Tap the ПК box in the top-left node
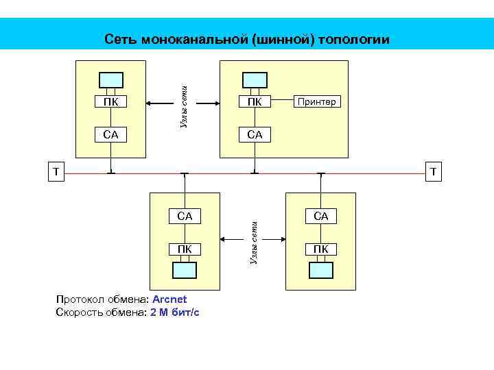pyautogui.click(x=111, y=103)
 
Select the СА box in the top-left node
pyautogui.click(x=111, y=135)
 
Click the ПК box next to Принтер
pyautogui.click(x=255, y=103)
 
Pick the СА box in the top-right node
pyautogui.click(x=255, y=135)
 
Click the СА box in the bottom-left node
pyautogui.click(x=185, y=217)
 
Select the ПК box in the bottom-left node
pyautogui.click(x=185, y=248)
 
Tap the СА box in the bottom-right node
pyautogui.click(x=321, y=217)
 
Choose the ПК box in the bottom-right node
pyautogui.click(x=321, y=248)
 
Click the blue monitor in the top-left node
pyautogui.click(x=111, y=79)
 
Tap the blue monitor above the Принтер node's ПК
pyautogui.click(x=255, y=79)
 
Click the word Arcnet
pyautogui.click(x=169, y=299)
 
